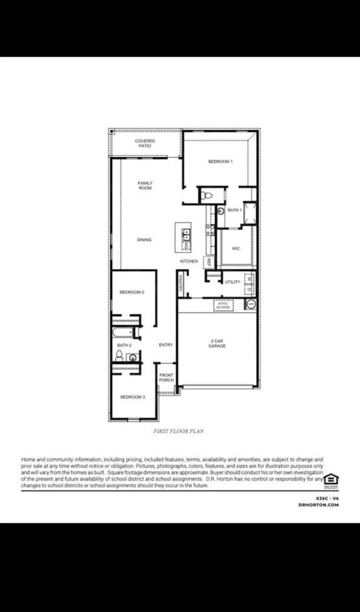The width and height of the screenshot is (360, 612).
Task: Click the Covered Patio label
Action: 145,143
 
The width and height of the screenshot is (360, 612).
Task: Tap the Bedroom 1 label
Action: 220,161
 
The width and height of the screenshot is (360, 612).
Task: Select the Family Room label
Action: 145,186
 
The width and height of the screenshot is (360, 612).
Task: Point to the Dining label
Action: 144,240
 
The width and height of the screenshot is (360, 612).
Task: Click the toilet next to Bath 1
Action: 207,196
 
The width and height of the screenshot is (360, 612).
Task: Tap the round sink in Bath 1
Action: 220,211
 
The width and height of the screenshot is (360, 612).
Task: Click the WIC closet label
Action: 236,249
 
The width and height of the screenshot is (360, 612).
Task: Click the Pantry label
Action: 181,284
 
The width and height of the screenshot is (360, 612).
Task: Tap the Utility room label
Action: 233,282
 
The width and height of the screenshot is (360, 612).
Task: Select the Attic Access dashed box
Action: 223,305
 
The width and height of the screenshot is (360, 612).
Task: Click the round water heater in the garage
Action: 251,304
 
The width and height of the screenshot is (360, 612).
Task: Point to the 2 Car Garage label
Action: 217,343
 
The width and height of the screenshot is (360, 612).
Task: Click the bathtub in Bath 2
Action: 122,332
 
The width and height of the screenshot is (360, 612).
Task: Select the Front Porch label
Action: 166,378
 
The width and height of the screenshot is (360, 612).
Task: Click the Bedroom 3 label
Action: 132,397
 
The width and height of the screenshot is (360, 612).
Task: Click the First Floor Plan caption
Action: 178,431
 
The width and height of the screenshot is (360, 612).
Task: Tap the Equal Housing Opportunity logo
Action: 331,480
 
